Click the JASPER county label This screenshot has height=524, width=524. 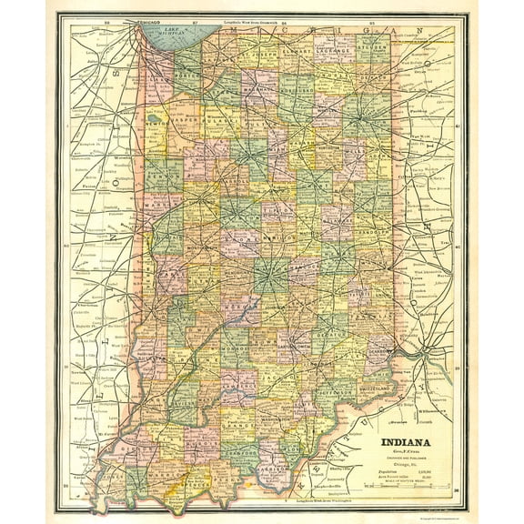coord(186,117)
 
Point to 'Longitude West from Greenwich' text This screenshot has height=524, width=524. coord(243,20)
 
